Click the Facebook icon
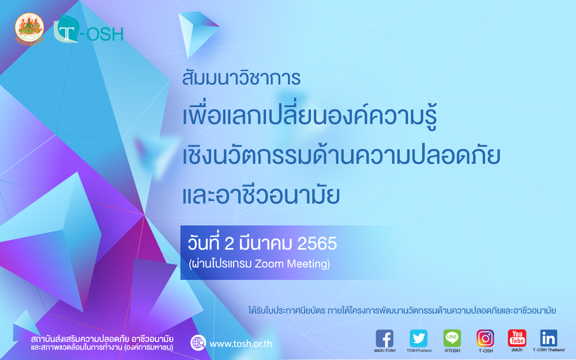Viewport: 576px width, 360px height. pos(384,338)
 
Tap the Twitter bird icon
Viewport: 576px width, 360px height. pos(418,338)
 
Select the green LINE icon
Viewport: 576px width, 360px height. pos(452,338)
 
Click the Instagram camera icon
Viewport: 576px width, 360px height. pos(485,338)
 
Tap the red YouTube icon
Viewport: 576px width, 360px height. pos(517,338)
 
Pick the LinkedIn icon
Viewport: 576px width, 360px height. pos(549,338)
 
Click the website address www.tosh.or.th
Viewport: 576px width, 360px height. pos(241,344)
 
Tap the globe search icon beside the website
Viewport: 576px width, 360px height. pos(198,343)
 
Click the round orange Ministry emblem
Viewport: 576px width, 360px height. pos(29,28)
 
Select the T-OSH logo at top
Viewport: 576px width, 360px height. pos(89,29)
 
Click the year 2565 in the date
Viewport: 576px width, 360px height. pos(317,243)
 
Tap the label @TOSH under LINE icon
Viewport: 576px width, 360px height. pos(452,351)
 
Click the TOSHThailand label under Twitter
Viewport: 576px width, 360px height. pos(419,351)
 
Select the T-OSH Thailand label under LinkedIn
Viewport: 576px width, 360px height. pos(549,350)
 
